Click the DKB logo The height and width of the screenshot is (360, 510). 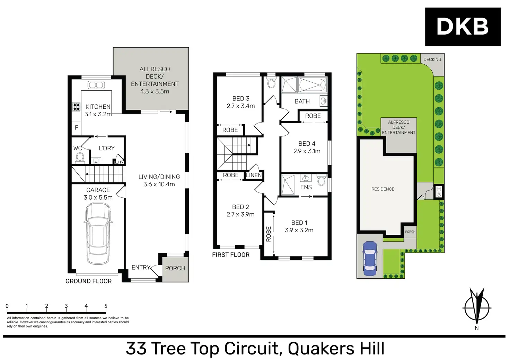[463, 27]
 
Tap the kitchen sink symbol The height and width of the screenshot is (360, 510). [96, 85]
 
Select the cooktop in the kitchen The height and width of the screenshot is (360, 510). [76, 107]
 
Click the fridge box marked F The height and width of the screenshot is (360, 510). [77, 128]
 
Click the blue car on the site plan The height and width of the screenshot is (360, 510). [370, 258]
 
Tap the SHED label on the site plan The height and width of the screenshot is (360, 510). [439, 192]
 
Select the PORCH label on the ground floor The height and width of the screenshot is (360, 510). [175, 268]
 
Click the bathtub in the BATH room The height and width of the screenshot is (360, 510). [312, 85]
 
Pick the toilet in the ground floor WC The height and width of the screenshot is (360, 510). [80, 157]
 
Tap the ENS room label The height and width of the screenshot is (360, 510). [306, 187]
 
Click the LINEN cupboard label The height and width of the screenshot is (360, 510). [254, 175]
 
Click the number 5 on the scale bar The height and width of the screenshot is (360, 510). [106, 306]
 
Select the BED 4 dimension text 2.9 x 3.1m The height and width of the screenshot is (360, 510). [307, 151]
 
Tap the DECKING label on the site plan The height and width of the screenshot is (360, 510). [432, 60]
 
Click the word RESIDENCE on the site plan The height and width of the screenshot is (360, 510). [382, 189]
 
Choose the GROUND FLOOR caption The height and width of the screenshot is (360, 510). [88, 281]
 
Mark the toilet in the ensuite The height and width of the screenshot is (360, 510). [321, 180]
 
